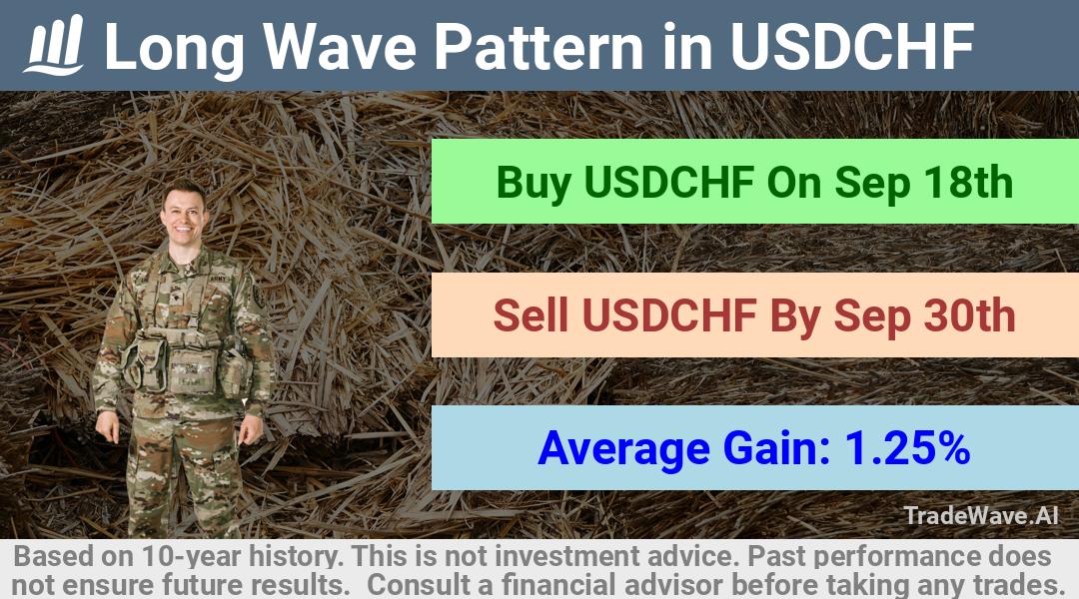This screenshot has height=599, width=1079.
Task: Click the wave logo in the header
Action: click(x=54, y=45)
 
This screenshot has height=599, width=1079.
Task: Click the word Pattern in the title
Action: click(x=539, y=47)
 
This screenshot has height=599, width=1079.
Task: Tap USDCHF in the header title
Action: click(x=852, y=47)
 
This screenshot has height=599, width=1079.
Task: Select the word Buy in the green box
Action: click(x=534, y=184)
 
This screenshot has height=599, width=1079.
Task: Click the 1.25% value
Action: click(x=907, y=447)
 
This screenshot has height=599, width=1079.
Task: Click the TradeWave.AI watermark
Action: click(x=981, y=515)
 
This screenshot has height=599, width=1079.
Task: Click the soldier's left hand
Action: click(x=251, y=428)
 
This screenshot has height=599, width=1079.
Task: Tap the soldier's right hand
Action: click(x=107, y=426)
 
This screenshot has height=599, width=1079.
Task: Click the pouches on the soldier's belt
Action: click(x=187, y=363)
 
